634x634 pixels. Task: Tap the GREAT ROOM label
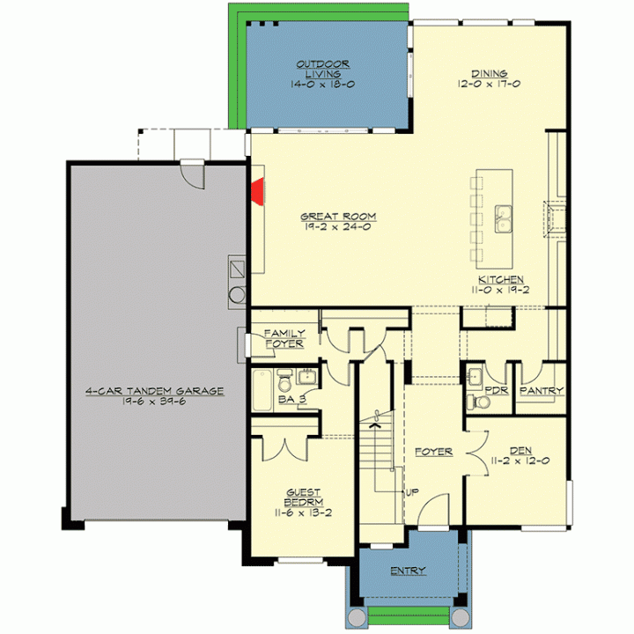[338, 217]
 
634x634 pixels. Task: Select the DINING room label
[490, 74]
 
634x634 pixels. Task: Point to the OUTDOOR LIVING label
[322, 70]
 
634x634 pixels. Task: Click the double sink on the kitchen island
[504, 218]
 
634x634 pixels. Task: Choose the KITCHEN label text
[501, 279]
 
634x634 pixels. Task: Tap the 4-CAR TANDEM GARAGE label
[154, 391]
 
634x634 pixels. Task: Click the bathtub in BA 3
[262, 390]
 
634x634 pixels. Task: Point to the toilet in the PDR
[478, 402]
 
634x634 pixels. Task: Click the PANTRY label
[542, 391]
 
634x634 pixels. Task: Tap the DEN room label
[520, 450]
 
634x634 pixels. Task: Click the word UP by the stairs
[412, 492]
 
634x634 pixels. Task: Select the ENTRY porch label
[408, 571]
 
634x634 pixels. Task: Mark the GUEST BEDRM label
[303, 498]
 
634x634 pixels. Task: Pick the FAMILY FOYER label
[284, 338]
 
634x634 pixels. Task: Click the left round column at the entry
[357, 617]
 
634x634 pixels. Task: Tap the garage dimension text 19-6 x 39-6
[154, 402]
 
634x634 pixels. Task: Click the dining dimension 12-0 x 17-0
[490, 84]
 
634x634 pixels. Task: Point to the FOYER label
[433, 452]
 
